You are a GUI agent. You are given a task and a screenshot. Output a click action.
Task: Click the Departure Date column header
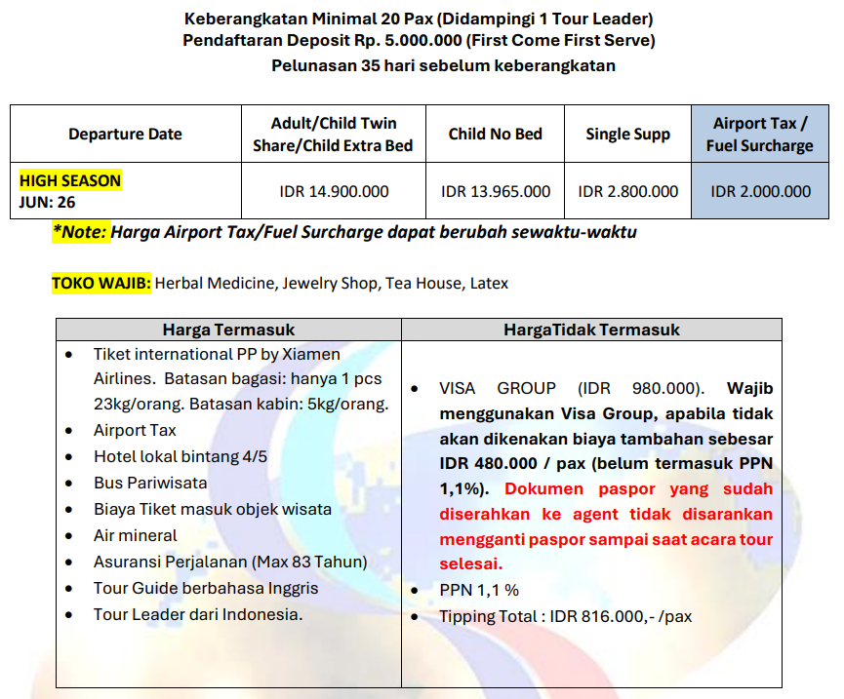click(x=125, y=135)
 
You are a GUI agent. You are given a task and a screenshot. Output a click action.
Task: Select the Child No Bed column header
click(x=495, y=135)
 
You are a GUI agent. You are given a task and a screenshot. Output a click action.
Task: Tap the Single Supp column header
click(x=627, y=135)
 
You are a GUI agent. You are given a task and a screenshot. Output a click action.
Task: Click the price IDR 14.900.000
click(x=334, y=191)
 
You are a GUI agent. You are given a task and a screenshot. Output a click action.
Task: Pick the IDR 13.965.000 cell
click(x=495, y=191)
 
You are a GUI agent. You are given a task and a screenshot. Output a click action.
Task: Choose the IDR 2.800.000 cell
click(x=627, y=191)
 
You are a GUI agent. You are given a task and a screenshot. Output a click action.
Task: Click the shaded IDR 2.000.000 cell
click(x=761, y=191)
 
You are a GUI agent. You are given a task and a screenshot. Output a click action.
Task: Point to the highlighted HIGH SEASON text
click(x=70, y=180)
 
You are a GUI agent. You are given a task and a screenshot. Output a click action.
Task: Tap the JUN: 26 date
click(x=48, y=203)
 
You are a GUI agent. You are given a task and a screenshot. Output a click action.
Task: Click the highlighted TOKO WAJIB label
click(x=101, y=284)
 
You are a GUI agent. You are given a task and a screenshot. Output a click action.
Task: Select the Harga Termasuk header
click(x=228, y=330)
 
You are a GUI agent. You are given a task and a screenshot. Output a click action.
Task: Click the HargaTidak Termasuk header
click(x=591, y=330)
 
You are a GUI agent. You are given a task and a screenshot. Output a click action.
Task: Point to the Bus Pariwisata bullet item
click(x=150, y=483)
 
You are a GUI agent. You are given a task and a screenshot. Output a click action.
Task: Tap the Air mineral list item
click(x=135, y=535)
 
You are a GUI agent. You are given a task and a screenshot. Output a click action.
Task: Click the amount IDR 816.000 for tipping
click(x=583, y=616)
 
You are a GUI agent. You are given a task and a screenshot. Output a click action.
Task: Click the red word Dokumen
click(x=544, y=488)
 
